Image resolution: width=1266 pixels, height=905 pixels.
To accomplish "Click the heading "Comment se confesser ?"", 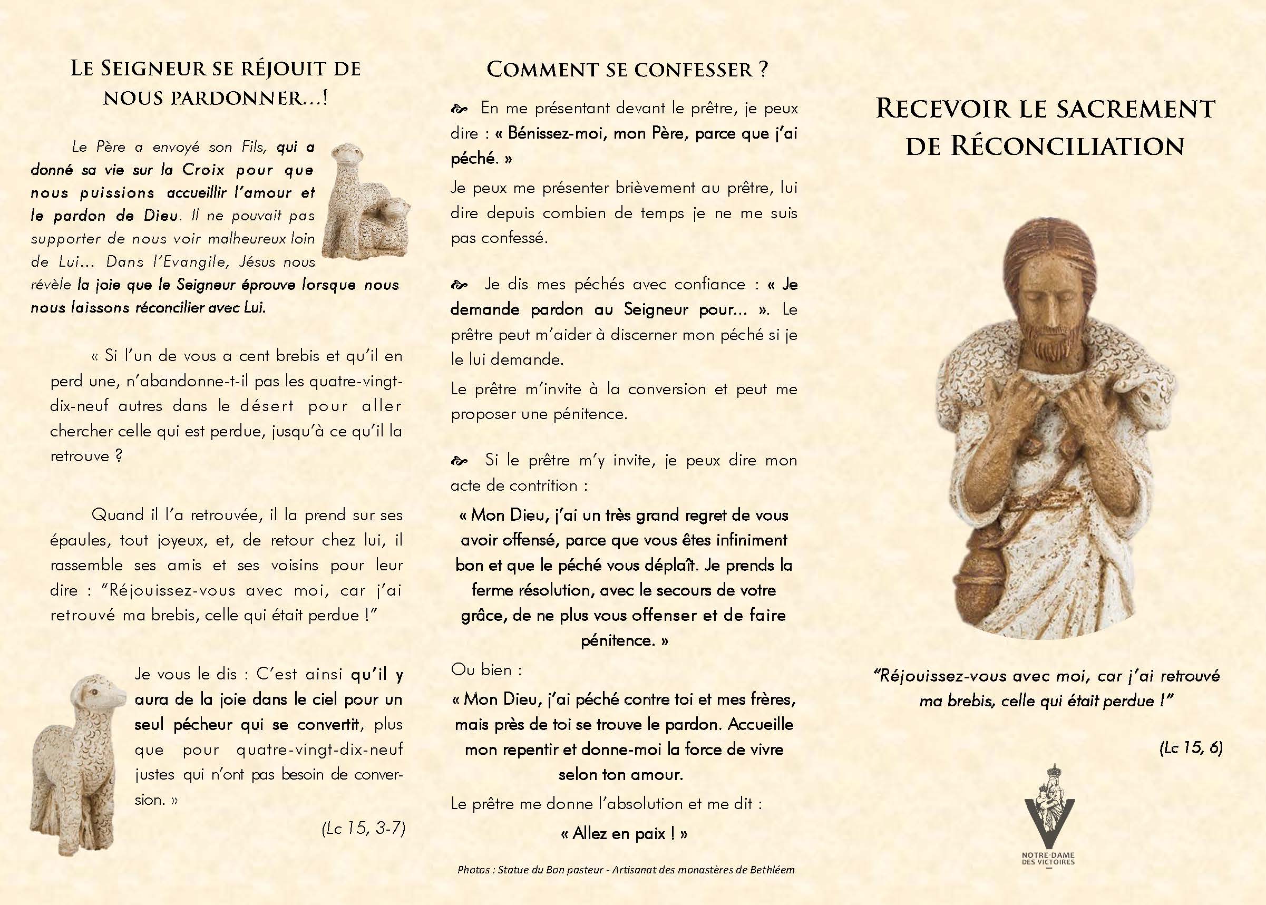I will point(627,70).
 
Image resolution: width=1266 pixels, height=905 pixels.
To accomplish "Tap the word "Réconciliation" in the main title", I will point(1067,147).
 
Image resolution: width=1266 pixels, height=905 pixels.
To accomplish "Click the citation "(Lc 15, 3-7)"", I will point(363,828).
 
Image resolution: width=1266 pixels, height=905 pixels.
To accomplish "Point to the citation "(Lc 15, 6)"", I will point(1191,748).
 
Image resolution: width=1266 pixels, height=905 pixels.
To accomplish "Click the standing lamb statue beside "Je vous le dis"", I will point(75,763).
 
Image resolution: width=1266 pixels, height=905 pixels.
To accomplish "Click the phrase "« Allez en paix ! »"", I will point(624,834).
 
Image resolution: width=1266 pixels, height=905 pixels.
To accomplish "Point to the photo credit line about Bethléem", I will point(626,870).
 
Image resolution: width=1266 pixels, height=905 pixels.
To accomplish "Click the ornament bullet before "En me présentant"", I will point(460,109).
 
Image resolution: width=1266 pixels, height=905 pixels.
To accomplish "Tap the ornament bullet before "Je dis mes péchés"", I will point(460,285).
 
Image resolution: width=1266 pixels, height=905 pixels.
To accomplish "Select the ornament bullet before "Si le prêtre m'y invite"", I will point(460,461).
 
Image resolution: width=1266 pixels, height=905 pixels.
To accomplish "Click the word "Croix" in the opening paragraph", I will point(203,170).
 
